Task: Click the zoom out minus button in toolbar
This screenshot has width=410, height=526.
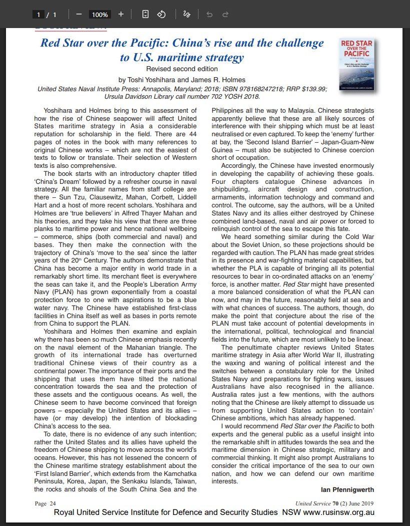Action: click(78, 14)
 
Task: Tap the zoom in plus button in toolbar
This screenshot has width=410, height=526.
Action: click(120, 14)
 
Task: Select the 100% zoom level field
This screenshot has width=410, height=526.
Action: click(99, 15)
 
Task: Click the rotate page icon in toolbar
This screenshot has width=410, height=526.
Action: click(161, 14)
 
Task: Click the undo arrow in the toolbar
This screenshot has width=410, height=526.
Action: click(209, 15)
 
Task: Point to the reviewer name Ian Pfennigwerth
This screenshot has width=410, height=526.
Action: click(347, 489)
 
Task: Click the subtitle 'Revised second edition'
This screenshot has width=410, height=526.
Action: click(181, 69)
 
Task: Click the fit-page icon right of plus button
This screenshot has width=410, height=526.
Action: click(145, 14)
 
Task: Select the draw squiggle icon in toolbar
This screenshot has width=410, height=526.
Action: click(186, 14)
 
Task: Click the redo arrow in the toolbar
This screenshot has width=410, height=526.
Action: click(225, 15)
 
